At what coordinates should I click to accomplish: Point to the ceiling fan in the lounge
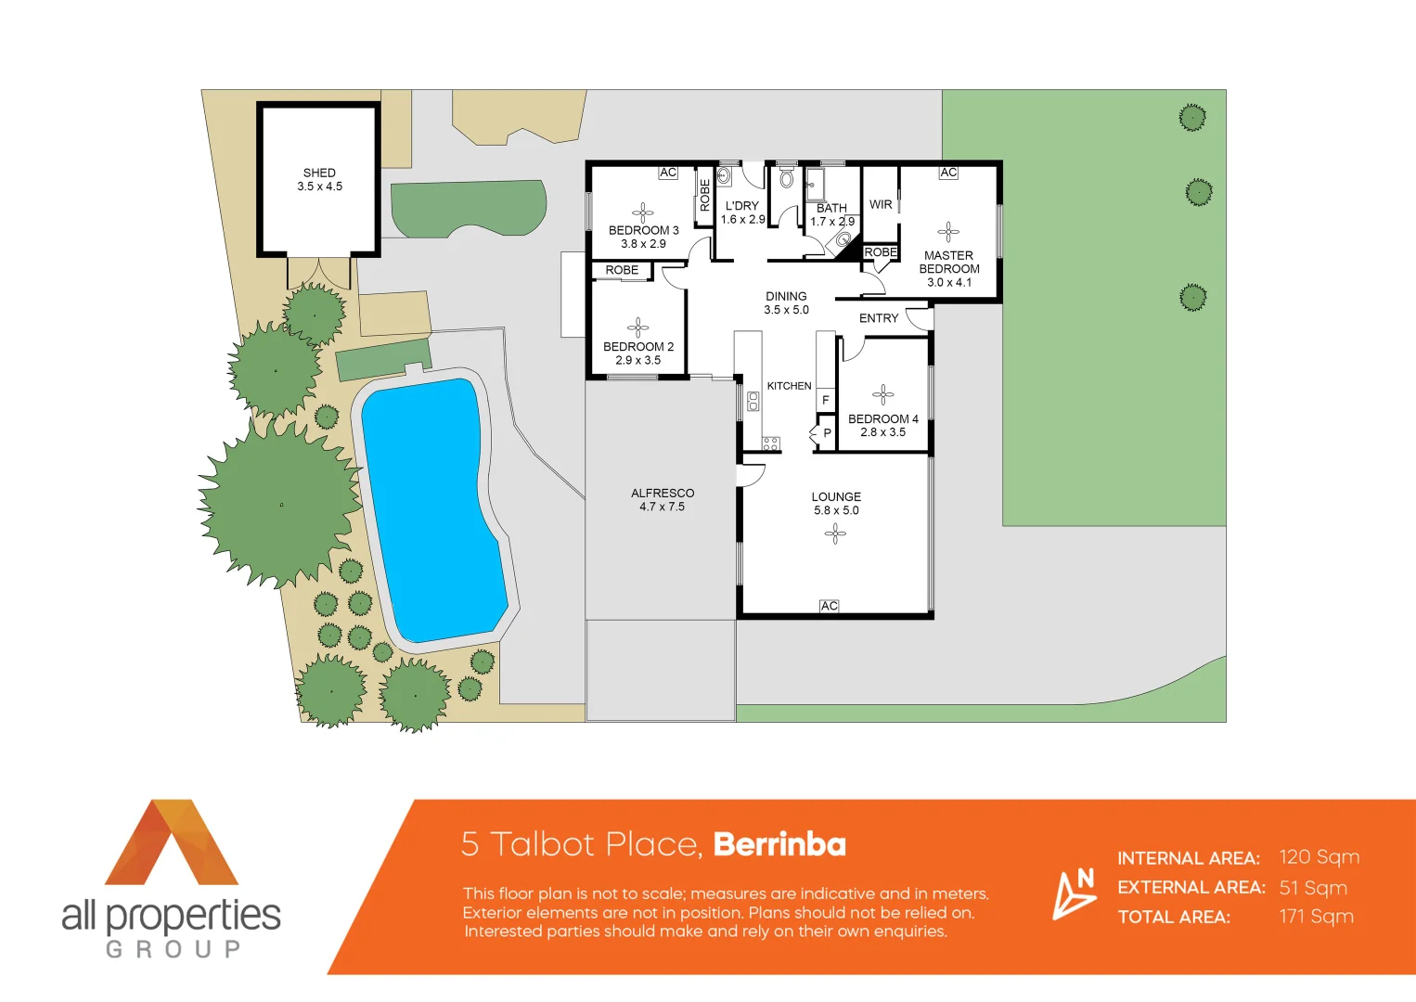click(835, 533)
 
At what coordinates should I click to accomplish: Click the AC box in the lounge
click(829, 606)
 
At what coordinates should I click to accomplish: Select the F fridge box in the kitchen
click(825, 400)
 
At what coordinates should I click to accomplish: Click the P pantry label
click(827, 433)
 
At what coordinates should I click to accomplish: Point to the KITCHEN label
click(789, 386)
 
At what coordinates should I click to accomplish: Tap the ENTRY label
click(878, 318)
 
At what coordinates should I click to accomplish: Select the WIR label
click(881, 204)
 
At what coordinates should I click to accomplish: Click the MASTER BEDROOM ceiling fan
click(948, 232)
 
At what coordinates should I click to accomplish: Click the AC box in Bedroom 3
click(668, 173)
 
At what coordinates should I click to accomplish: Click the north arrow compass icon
click(1075, 893)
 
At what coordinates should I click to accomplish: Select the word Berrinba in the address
click(779, 844)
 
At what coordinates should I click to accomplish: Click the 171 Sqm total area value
click(1316, 917)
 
